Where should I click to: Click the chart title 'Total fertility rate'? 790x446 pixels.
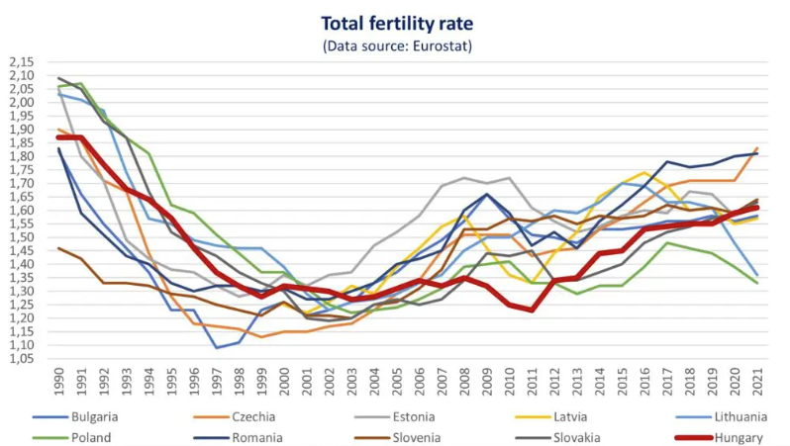[394, 22]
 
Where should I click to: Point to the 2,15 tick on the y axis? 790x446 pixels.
[21, 61]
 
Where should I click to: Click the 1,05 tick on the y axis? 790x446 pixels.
[21, 358]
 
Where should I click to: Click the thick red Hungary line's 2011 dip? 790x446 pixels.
[532, 310]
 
